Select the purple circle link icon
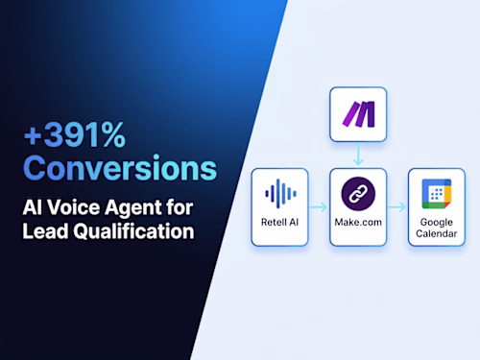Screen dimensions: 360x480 pos(357,196)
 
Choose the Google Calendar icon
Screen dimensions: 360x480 pos(437,195)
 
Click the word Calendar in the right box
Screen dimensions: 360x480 pos(437,237)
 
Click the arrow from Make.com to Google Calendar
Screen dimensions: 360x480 pos(397,205)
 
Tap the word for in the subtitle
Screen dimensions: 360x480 pos(179,206)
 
